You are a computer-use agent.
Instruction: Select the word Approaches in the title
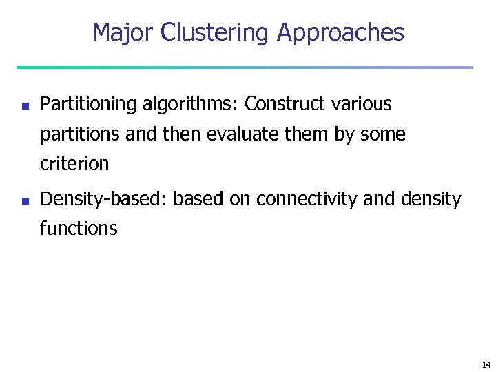[x=340, y=32]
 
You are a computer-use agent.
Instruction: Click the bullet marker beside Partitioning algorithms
[x=23, y=106]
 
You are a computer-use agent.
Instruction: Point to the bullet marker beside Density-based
[x=23, y=201]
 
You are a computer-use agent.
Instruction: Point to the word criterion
[x=74, y=164]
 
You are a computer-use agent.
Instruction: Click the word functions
[x=79, y=228]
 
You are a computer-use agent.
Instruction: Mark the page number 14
[x=486, y=364]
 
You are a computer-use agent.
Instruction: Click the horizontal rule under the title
[x=245, y=68]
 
